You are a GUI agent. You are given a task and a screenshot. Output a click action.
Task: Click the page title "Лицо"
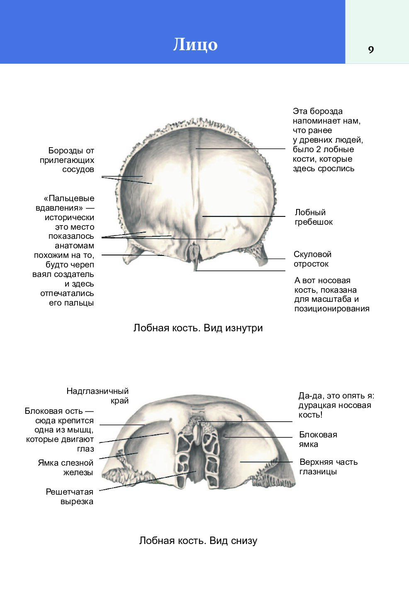pyautogui.click(x=195, y=44)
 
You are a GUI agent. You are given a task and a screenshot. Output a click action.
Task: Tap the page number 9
pyautogui.click(x=371, y=50)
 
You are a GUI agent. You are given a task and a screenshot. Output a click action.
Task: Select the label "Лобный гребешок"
pyautogui.click(x=314, y=217)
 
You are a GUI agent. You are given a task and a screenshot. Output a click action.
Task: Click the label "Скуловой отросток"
pyautogui.click(x=312, y=259)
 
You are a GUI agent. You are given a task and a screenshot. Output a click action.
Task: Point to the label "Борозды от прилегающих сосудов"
pyautogui.click(x=67, y=160)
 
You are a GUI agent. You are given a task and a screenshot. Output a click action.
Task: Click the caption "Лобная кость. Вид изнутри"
pyautogui.click(x=198, y=328)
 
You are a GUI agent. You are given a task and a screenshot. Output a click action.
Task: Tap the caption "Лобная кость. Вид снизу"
pyautogui.click(x=198, y=541)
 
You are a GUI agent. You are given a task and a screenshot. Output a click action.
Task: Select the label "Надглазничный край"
pyautogui.click(x=97, y=396)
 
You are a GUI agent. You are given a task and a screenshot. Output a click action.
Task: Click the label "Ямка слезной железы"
pyautogui.click(x=66, y=467)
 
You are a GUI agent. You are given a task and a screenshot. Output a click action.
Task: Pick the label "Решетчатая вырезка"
pyautogui.click(x=70, y=496)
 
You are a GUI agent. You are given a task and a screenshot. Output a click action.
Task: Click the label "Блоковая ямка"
pyautogui.click(x=318, y=439)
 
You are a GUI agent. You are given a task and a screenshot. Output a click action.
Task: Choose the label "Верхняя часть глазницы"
pyautogui.click(x=329, y=466)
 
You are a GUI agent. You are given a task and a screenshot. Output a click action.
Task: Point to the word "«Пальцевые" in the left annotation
pyautogui.click(x=69, y=198)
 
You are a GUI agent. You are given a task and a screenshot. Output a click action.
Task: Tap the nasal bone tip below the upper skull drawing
pyautogui.click(x=196, y=270)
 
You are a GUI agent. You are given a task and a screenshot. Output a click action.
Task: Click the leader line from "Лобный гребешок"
pyautogui.click(x=243, y=216)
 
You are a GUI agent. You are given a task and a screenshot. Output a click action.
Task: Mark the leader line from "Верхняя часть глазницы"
pyautogui.click(x=266, y=462)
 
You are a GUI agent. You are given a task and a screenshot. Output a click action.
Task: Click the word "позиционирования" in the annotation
pyautogui.click(x=332, y=309)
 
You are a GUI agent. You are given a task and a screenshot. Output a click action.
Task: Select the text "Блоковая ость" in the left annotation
pyautogui.click(x=54, y=411)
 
